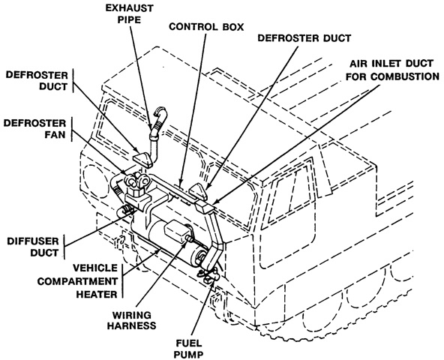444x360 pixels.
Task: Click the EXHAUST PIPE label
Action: [130, 13]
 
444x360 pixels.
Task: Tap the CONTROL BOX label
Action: [206, 27]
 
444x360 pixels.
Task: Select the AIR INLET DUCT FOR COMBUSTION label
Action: [392, 70]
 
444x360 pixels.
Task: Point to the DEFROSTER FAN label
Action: [34, 129]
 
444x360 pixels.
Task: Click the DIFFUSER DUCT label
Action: [33, 247]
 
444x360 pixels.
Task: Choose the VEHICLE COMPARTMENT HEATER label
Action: [77, 281]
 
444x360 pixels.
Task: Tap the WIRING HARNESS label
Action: [132, 320]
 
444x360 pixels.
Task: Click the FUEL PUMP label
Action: [188, 349]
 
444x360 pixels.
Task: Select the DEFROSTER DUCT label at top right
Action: [304, 38]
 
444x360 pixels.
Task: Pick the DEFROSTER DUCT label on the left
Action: [37, 81]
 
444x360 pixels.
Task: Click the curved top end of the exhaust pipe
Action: [160, 112]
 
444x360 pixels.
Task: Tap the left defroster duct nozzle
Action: [143, 158]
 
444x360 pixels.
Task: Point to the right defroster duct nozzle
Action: [198, 190]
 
